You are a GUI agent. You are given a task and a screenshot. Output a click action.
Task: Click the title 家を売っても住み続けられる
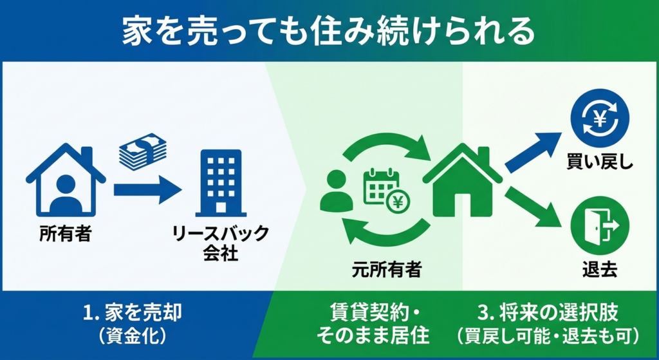pyautogui.click(x=328, y=31)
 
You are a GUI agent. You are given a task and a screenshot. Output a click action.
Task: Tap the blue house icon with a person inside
pyautogui.click(x=66, y=180)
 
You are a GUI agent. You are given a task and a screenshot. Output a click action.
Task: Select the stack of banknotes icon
pyautogui.click(x=142, y=151)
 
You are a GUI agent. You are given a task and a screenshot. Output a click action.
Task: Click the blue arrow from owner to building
pyautogui.click(x=147, y=190)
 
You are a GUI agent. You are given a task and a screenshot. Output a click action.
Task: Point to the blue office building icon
pyautogui.click(x=221, y=183)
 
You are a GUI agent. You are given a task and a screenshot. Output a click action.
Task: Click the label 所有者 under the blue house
pyautogui.click(x=66, y=233)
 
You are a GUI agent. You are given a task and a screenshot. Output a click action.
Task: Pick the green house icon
pyautogui.click(x=463, y=180)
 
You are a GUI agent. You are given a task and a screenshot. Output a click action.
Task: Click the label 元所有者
pyautogui.click(x=387, y=269)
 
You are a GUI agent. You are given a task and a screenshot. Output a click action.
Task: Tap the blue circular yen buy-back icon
pyautogui.click(x=600, y=118)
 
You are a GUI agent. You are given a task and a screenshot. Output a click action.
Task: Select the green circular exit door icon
pyautogui.click(x=600, y=225)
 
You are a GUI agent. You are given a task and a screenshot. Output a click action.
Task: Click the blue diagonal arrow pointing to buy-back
pyautogui.click(x=533, y=152)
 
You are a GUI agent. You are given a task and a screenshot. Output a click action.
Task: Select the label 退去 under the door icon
pyautogui.click(x=600, y=270)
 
